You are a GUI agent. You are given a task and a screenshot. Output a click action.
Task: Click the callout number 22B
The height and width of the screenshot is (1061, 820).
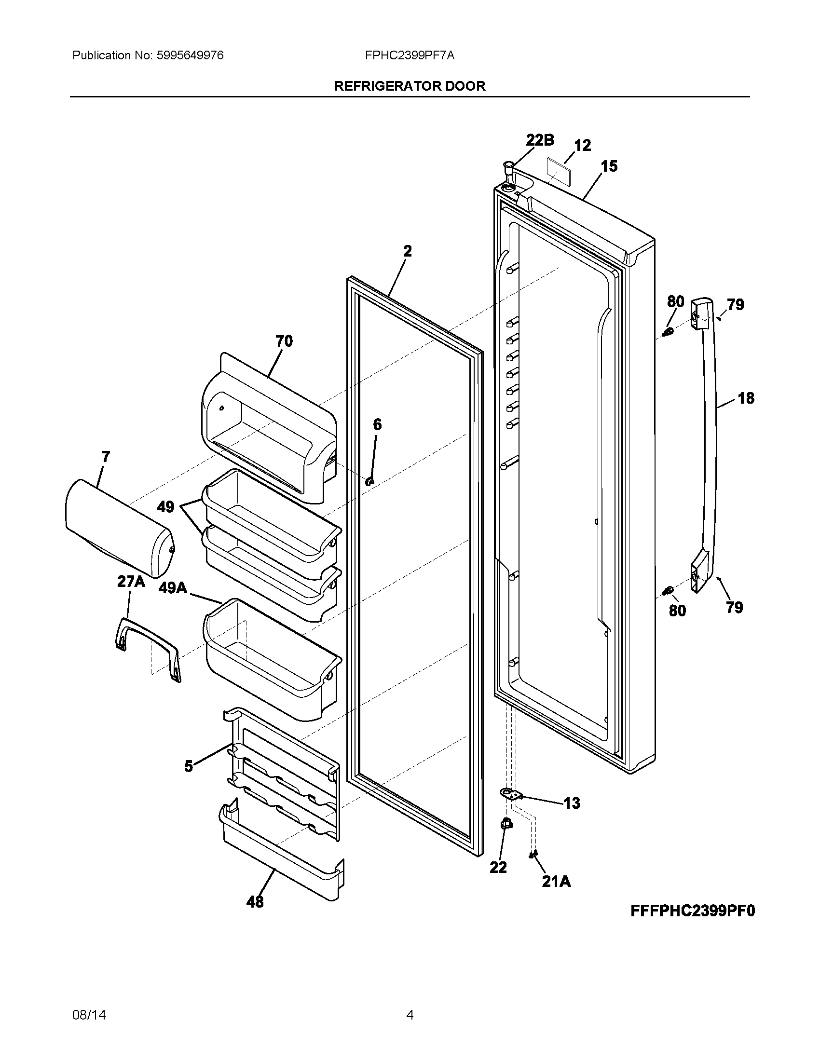tap(540, 140)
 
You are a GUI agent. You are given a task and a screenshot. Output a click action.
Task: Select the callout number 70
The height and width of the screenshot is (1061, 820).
tap(284, 341)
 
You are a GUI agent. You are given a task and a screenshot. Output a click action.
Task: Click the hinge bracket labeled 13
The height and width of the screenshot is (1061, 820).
tap(510, 794)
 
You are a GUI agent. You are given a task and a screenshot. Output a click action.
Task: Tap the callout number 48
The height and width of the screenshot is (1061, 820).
tap(255, 902)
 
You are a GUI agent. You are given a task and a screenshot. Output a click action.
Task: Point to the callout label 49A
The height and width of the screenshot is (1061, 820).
tap(173, 588)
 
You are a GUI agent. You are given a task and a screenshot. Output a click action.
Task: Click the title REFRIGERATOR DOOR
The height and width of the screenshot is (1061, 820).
tap(410, 86)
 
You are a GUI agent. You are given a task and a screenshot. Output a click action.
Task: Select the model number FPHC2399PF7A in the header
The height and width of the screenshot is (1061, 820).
tap(410, 55)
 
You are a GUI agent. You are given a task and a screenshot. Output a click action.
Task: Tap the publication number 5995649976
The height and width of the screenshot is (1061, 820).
tap(190, 55)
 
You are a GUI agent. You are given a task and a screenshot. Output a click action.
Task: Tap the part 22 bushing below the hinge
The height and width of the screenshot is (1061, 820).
tap(506, 823)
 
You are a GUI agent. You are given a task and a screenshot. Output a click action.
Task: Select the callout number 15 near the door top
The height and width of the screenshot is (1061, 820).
tap(609, 166)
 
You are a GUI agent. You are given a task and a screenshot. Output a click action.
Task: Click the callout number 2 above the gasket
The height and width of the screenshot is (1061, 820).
tap(407, 251)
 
